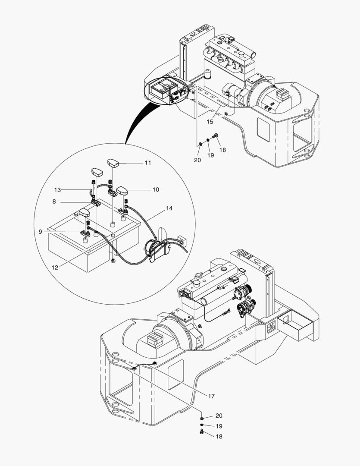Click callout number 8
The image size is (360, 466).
[x=54, y=202]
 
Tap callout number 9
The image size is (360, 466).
[x=41, y=232]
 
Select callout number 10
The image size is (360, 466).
[x=156, y=189]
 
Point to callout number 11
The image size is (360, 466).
[x=147, y=163]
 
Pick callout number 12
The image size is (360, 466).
[x=55, y=268]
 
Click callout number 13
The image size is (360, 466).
[x=57, y=189]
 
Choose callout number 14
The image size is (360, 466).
[x=169, y=208]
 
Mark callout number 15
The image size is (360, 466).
[x=210, y=122]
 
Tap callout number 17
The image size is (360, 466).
[x=211, y=396]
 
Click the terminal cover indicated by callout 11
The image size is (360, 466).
[x=113, y=163]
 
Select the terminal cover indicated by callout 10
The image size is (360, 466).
[x=122, y=191]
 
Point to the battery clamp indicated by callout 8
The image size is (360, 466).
[x=96, y=203]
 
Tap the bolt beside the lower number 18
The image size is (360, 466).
[x=202, y=432]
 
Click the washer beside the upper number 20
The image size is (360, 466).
[x=200, y=145]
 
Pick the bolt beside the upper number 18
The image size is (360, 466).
[x=215, y=136]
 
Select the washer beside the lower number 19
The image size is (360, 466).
[x=202, y=425]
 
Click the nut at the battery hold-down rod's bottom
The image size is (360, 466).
[x=113, y=261]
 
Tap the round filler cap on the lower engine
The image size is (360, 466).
[x=196, y=283]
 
